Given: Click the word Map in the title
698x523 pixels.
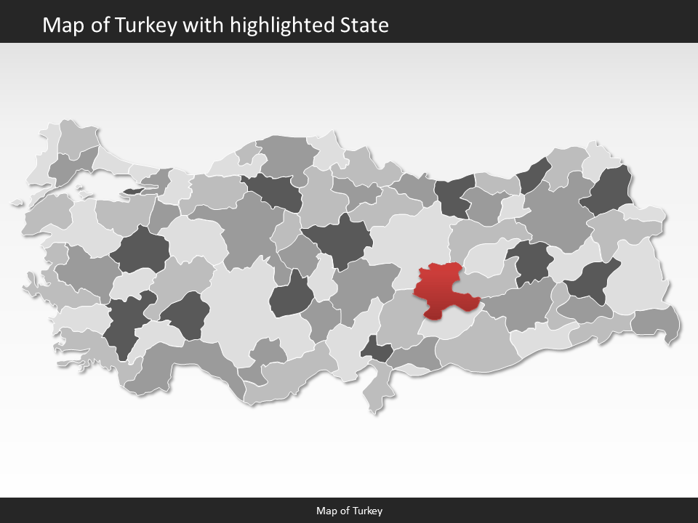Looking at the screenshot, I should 60,25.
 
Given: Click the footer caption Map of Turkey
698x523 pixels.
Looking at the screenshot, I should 349,511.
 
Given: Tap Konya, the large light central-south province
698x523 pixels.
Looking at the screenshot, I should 240,305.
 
